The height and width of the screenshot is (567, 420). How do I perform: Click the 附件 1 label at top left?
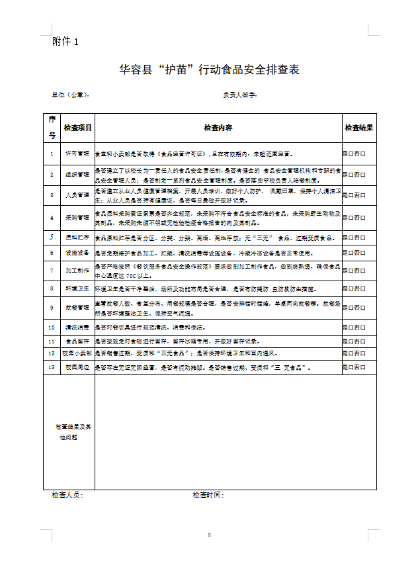click(x=65, y=42)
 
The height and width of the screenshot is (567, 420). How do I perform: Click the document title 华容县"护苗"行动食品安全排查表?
click(x=210, y=70)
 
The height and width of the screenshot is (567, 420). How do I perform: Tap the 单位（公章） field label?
click(x=70, y=95)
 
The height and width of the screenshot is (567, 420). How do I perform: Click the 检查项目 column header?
click(x=77, y=128)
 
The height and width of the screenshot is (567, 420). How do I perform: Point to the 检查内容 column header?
click(x=218, y=128)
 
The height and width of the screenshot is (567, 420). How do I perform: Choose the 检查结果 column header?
click(x=359, y=128)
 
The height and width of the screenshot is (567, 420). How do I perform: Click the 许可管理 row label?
click(x=77, y=153)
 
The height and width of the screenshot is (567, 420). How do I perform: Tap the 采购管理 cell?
click(x=77, y=217)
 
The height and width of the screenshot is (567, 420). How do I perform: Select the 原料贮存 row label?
click(x=77, y=237)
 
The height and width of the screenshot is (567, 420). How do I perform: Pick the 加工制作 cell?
click(x=77, y=270)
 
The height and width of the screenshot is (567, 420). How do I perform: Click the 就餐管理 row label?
click(x=77, y=307)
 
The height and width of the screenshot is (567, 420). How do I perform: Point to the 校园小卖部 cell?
click(x=77, y=353)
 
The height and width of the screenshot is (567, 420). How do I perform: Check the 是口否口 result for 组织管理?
click(x=354, y=175)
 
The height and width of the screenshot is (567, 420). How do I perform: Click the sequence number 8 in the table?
click(x=52, y=288)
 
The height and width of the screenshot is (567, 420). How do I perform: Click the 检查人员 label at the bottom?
click(x=67, y=495)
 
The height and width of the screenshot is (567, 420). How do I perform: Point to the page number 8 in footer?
click(x=209, y=535)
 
